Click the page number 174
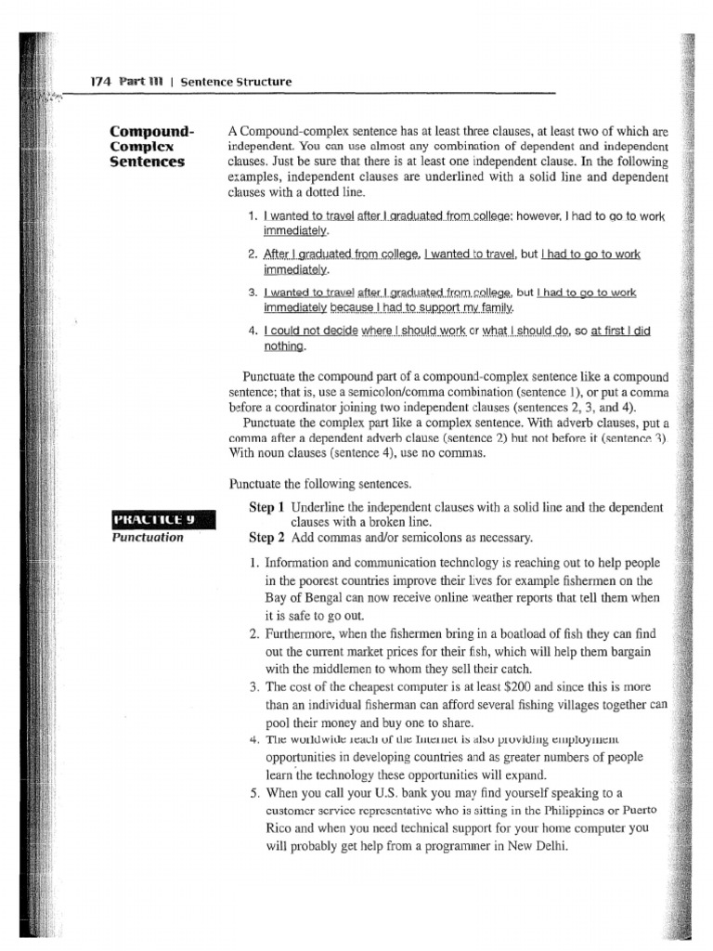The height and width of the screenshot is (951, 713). click(101, 82)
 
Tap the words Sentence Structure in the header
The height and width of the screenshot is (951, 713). click(236, 82)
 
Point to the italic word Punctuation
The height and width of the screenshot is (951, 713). click(147, 537)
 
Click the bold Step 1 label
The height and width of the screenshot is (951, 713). click(267, 507)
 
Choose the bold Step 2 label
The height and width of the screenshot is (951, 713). click(267, 538)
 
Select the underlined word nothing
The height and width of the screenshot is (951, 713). click(284, 347)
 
